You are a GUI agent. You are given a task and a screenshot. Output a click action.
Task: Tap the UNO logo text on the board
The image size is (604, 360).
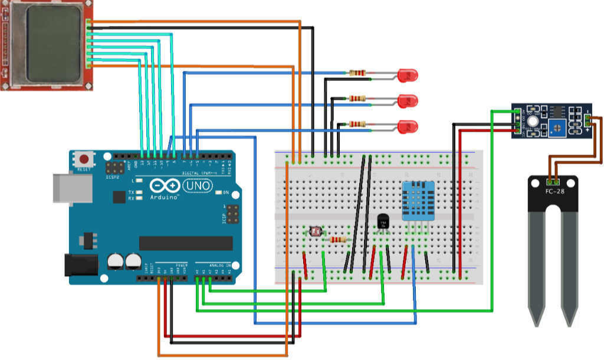point(195,186)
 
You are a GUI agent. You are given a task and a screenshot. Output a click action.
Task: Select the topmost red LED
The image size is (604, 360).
point(407,75)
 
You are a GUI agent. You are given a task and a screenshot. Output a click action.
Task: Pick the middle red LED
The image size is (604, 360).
point(407,100)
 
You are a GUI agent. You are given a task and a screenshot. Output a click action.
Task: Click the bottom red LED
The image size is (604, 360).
point(407,126)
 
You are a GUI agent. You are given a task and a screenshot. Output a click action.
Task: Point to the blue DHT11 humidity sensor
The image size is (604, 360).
point(418,201)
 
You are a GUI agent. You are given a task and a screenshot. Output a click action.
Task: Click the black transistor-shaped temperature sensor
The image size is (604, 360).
point(383,222)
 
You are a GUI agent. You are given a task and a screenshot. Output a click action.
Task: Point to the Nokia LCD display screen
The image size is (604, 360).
point(53,45)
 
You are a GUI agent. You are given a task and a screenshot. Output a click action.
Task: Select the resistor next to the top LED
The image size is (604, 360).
point(357,73)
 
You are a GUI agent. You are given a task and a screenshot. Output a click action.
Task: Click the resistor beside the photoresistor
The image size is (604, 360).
point(338,240)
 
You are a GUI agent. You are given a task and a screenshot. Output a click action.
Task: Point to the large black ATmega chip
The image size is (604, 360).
point(186,243)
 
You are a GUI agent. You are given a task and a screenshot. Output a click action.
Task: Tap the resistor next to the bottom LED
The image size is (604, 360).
point(357,124)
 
